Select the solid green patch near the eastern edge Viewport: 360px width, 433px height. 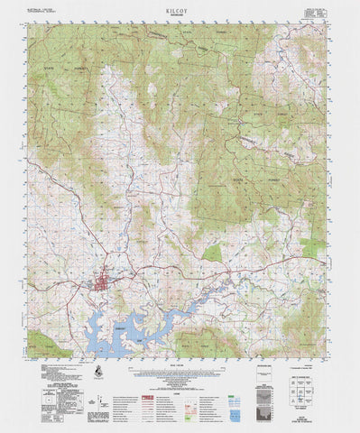pos(312,245)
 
